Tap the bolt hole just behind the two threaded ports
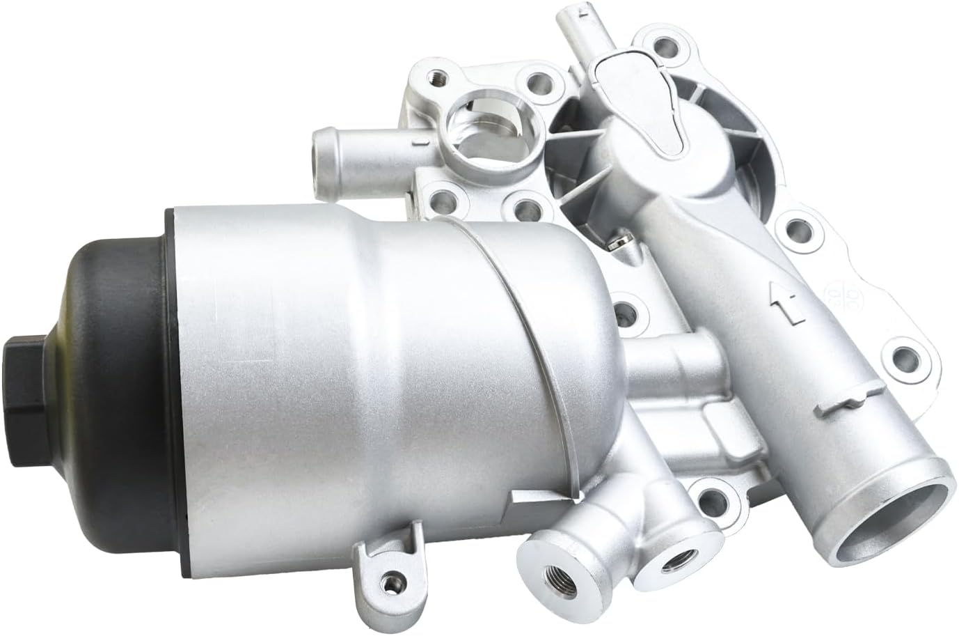[x=710, y=497]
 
